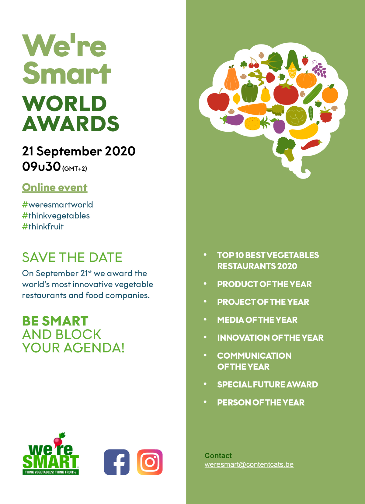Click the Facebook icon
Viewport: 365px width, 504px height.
pos(116,462)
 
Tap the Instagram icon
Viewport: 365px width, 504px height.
pos(150,462)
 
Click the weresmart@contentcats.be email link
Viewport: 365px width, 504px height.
pos(249,465)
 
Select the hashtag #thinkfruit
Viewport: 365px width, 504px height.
pos(43,226)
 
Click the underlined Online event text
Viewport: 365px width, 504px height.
pos(54,187)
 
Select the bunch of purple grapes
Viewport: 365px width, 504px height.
pos(319,69)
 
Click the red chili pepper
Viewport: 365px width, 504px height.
pos(311,144)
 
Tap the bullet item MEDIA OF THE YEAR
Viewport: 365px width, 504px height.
pos(257,320)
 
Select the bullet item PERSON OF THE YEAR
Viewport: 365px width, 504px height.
pos(261,402)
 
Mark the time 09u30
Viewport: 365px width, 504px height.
pos(41,166)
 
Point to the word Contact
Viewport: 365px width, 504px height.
pos(218,456)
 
